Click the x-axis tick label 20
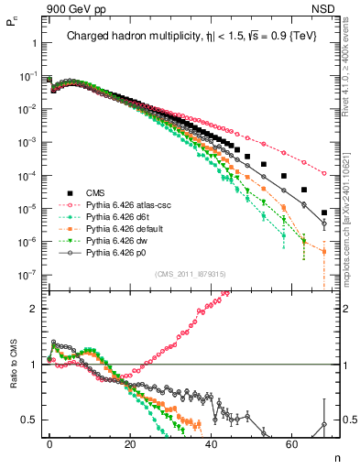130,442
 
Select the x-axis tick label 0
49,442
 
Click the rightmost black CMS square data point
324,213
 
